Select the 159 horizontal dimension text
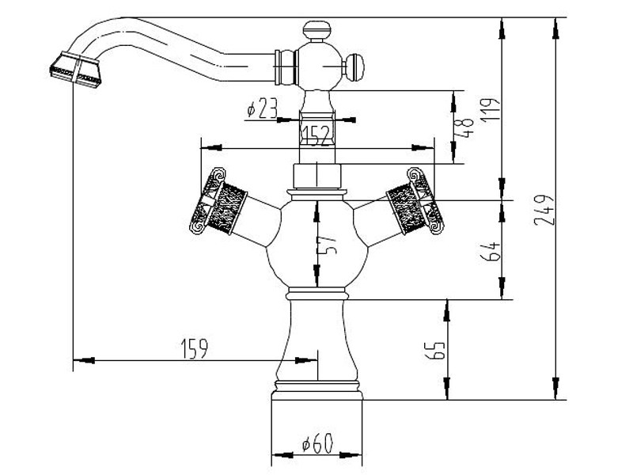click(195, 348)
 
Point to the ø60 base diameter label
click(316, 446)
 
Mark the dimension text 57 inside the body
click(326, 246)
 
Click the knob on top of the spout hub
click(316, 32)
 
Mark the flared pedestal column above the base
click(316, 340)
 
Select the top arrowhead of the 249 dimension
click(557, 24)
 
